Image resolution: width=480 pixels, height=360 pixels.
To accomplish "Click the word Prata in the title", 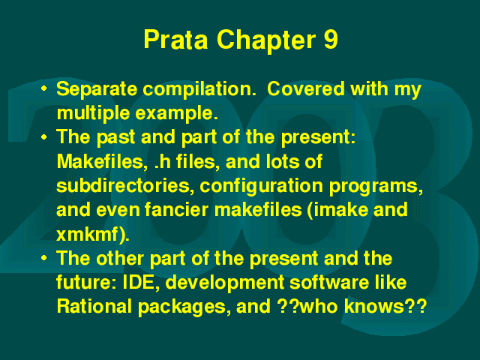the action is [175, 40].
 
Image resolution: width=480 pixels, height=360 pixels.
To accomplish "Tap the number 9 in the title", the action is [330, 40].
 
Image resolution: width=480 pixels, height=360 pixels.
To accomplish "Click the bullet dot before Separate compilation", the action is [44, 88].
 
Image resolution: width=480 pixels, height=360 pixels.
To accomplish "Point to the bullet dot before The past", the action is [44, 136].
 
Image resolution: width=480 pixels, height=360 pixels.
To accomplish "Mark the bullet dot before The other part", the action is [44, 258].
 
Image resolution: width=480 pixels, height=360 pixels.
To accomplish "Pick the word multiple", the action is [93, 114].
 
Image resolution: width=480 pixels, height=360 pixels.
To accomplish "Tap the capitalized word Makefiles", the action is [100, 161].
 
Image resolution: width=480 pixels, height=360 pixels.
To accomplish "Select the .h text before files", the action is [163, 162].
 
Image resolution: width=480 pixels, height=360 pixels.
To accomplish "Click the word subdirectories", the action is [125, 185].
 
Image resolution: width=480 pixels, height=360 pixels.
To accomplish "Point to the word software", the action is [329, 282].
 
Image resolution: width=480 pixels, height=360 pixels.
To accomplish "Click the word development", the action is [225, 283].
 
